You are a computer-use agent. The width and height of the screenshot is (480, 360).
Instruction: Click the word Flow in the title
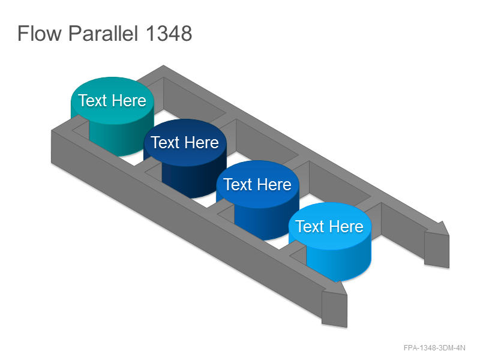40,33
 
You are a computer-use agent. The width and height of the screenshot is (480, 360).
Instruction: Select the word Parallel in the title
103,33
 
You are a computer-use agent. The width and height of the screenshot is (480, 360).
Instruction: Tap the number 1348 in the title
169,33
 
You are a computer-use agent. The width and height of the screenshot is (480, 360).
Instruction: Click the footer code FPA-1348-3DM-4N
434,348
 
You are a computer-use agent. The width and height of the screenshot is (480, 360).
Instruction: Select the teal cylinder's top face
112,101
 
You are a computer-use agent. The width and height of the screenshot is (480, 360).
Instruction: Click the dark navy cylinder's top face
185,143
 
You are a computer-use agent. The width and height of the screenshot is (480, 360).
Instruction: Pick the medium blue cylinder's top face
257,185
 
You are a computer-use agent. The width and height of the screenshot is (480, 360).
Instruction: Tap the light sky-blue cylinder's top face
330,227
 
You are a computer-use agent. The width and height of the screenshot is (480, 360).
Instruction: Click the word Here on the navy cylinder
202,143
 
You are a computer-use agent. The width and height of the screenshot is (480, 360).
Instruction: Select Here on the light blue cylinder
347,227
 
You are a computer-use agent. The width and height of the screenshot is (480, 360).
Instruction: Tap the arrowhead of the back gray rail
437,244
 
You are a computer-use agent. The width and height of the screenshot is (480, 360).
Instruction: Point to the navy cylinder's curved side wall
193,180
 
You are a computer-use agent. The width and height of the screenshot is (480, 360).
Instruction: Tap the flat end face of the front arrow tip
334,308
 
